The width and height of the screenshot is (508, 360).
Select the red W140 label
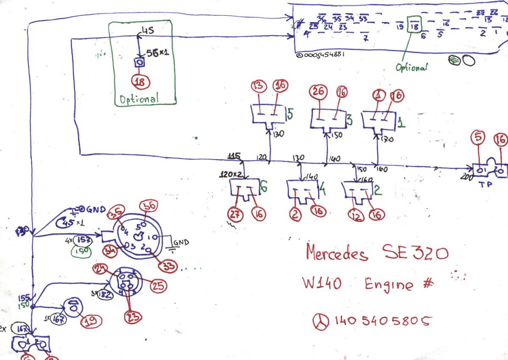click(320, 284)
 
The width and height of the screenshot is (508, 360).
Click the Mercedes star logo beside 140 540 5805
click(321, 322)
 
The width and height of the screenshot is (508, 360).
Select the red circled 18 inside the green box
click(140, 82)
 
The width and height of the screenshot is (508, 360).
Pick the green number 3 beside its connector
click(349, 120)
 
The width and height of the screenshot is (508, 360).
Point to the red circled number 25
click(158, 287)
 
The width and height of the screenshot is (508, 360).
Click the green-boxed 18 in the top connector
click(415, 26)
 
